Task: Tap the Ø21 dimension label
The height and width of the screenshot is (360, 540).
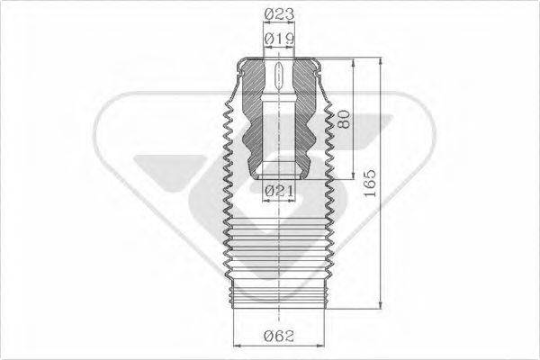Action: tap(281, 191)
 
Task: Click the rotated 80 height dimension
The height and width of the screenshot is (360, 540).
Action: tap(343, 120)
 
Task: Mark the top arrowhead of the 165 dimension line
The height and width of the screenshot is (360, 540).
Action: tap(388, 64)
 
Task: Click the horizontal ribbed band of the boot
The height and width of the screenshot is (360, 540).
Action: tap(278, 243)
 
